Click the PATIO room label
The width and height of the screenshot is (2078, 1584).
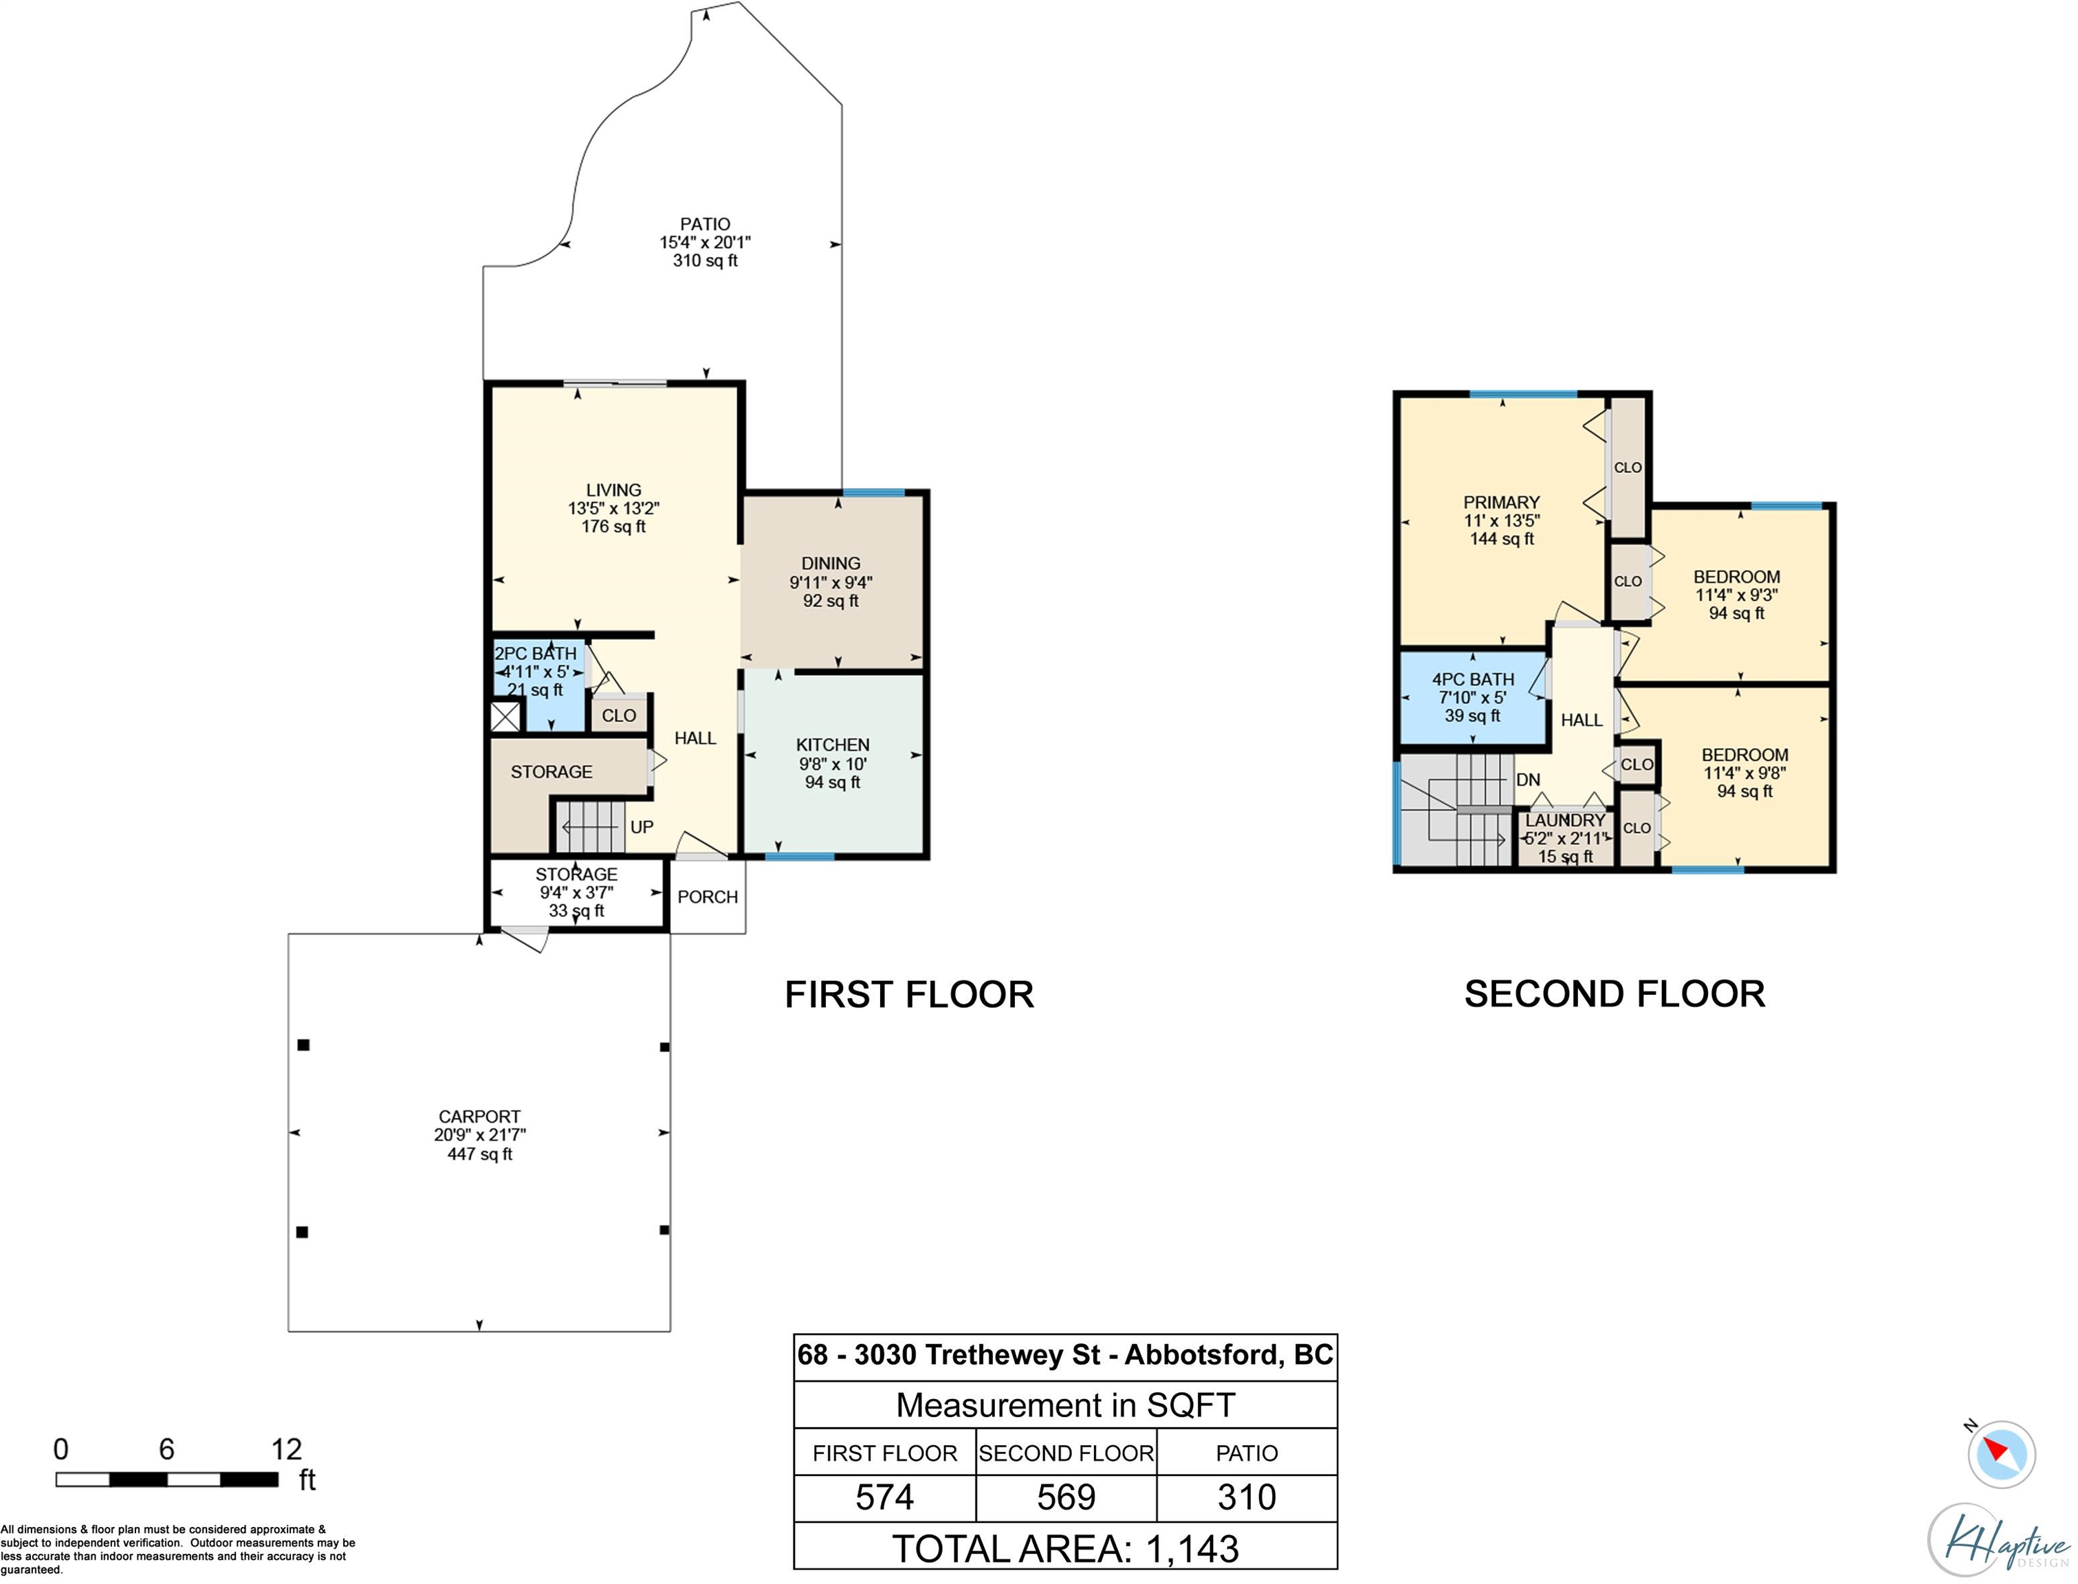click(x=706, y=224)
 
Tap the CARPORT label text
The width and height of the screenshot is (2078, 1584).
click(x=480, y=1116)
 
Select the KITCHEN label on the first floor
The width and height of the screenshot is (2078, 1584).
click(x=833, y=745)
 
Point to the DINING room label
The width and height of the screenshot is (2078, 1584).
click(x=831, y=563)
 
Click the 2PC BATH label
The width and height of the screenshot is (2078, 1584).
click(x=536, y=653)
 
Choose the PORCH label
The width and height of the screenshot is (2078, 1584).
click(x=707, y=896)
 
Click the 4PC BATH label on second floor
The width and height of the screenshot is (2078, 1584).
click(x=1473, y=679)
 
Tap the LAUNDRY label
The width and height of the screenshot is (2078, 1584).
click(x=1565, y=820)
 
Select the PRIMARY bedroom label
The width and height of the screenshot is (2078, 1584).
click(x=1502, y=503)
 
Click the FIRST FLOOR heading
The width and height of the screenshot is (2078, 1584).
click(x=910, y=995)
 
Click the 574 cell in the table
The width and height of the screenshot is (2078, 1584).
click(x=884, y=1497)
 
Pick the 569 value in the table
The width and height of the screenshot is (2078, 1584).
click(x=1067, y=1497)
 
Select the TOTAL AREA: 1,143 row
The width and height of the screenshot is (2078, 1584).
click(x=1065, y=1549)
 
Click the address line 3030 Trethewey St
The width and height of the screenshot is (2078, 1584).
click(x=978, y=1355)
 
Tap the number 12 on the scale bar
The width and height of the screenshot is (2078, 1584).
click(x=287, y=1449)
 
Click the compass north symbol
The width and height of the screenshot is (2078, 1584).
click(x=2001, y=1454)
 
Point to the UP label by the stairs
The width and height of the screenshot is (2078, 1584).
click(x=642, y=827)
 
